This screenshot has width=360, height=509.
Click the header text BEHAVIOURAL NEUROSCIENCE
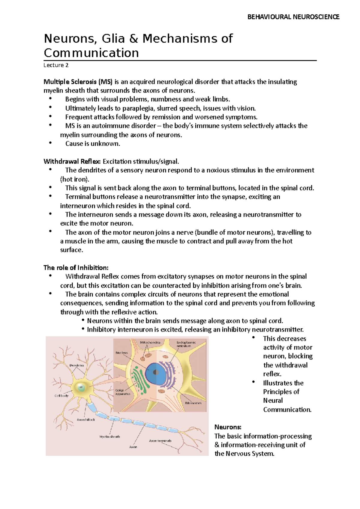(293, 17)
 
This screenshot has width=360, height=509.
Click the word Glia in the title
(113, 39)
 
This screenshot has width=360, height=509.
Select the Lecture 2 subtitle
(56, 65)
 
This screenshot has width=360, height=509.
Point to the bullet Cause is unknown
(93, 144)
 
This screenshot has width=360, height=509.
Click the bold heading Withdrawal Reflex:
(72, 162)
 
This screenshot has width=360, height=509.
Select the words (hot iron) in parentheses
(74, 179)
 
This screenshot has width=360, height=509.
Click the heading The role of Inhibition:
(76, 268)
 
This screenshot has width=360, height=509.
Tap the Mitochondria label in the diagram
(150, 342)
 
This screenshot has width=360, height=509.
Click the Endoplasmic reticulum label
(186, 344)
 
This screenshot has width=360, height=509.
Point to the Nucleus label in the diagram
(121, 353)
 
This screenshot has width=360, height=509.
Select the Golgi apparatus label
(122, 392)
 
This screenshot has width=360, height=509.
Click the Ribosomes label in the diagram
(193, 403)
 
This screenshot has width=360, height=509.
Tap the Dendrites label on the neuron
(77, 365)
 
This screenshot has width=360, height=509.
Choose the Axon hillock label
(86, 420)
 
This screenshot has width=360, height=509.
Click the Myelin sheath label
(109, 437)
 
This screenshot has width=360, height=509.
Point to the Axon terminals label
(160, 441)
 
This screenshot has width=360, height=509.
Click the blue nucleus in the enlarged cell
(155, 373)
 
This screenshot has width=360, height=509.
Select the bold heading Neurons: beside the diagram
(228, 427)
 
